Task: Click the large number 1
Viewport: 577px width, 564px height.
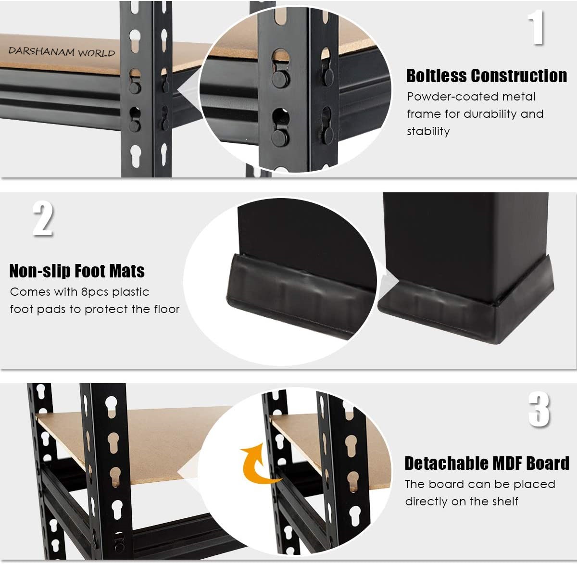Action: tap(536, 27)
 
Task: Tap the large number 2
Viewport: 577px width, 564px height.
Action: tap(43, 219)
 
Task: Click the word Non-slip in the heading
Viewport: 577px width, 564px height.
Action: tap(40, 271)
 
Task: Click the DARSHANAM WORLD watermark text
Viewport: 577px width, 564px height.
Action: tap(62, 52)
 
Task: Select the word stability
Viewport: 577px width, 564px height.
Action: tap(428, 131)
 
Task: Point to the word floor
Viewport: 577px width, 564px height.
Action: tap(167, 309)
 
